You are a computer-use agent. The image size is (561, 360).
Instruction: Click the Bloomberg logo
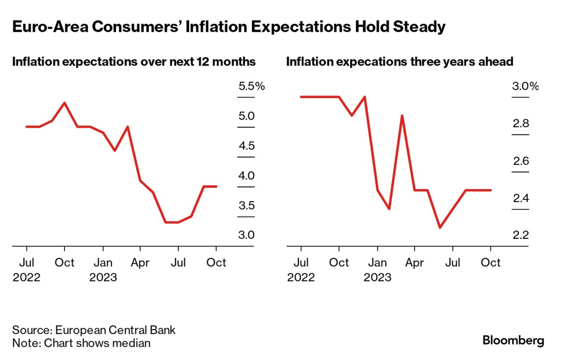[x=513, y=340]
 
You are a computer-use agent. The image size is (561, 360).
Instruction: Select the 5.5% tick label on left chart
[x=252, y=86]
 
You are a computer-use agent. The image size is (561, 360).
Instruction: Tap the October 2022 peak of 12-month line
[x=65, y=103]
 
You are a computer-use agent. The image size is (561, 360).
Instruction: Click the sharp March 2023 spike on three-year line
[x=402, y=115]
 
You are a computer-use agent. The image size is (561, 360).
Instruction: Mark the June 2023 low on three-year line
[x=440, y=228]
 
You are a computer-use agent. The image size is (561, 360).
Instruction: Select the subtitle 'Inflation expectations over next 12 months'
[x=134, y=62]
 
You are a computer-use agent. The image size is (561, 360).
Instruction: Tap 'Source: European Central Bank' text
[x=94, y=330]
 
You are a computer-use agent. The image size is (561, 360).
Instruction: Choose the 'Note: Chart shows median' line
[x=81, y=343]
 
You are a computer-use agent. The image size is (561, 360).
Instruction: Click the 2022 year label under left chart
[x=27, y=277]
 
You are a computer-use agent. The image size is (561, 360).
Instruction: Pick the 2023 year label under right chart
[x=377, y=277]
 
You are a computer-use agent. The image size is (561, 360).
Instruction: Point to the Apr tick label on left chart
[x=140, y=263]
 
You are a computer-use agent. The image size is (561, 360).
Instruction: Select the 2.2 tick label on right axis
[x=520, y=235]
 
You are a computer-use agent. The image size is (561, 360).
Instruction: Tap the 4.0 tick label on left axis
[x=246, y=176]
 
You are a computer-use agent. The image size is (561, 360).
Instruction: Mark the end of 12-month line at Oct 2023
[x=216, y=187]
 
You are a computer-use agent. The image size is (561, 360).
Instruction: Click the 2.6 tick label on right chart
[x=520, y=161]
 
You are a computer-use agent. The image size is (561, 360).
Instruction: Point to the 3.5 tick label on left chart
[x=246, y=206]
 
